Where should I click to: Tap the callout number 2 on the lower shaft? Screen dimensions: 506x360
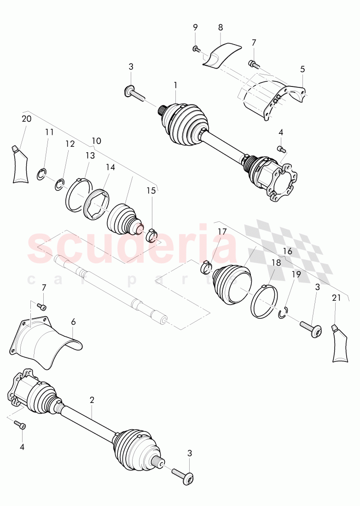pyautogui.click(x=92, y=400)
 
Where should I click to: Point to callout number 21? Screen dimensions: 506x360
pyautogui.click(x=337, y=298)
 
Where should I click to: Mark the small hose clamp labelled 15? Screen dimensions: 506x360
pyautogui.click(x=151, y=234)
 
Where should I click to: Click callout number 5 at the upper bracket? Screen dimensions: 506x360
pyautogui.click(x=302, y=69)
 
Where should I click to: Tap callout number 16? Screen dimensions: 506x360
pyautogui.click(x=288, y=251)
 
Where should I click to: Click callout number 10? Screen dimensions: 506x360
pyautogui.click(x=97, y=140)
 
